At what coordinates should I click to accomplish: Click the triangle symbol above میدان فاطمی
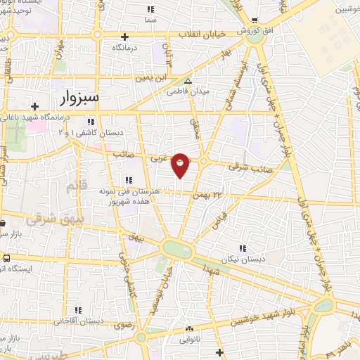(187, 82)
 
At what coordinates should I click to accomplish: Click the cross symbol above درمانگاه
(125, 37)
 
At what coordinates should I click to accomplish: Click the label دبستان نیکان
(242, 260)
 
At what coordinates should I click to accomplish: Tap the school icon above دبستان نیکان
(243, 249)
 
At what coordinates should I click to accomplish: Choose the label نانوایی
(189, 340)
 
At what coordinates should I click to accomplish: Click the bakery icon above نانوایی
(188, 329)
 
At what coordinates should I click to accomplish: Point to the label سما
(150, 21)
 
